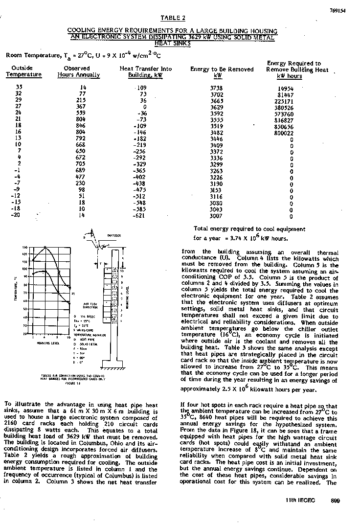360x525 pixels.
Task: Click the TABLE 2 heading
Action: coord(174,18)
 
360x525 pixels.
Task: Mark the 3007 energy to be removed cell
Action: coord(216,216)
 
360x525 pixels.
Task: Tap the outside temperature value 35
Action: coord(19,87)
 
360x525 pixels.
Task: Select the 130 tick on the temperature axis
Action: coord(24,247)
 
